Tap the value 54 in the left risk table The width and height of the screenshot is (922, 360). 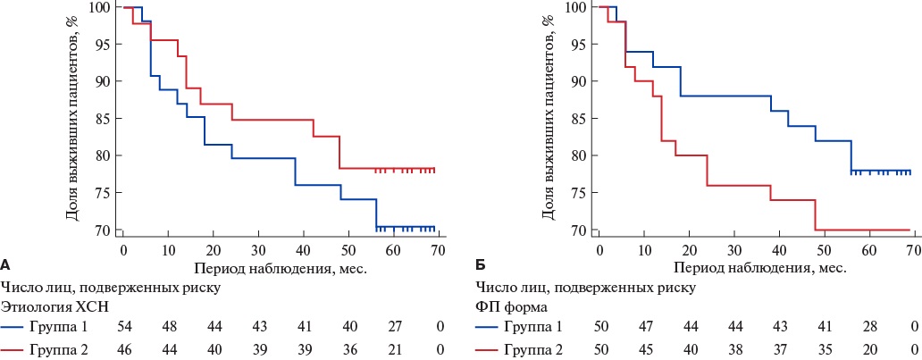(x=125, y=328)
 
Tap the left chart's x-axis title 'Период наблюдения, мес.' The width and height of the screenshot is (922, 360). (x=280, y=266)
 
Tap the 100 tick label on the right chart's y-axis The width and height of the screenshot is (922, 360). (x=577, y=7)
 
